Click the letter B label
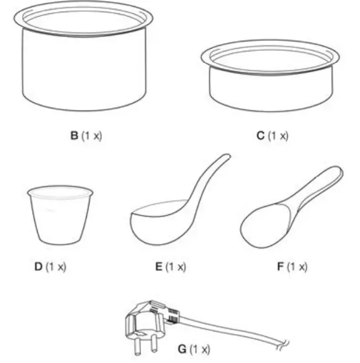click(74, 135)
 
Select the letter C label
click(261, 135)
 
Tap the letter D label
click(38, 266)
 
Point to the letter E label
click(159, 266)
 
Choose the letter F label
click(279, 266)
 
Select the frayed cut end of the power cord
click(283, 346)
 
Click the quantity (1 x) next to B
click(91, 135)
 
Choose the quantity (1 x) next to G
click(200, 349)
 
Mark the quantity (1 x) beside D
click(55, 266)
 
